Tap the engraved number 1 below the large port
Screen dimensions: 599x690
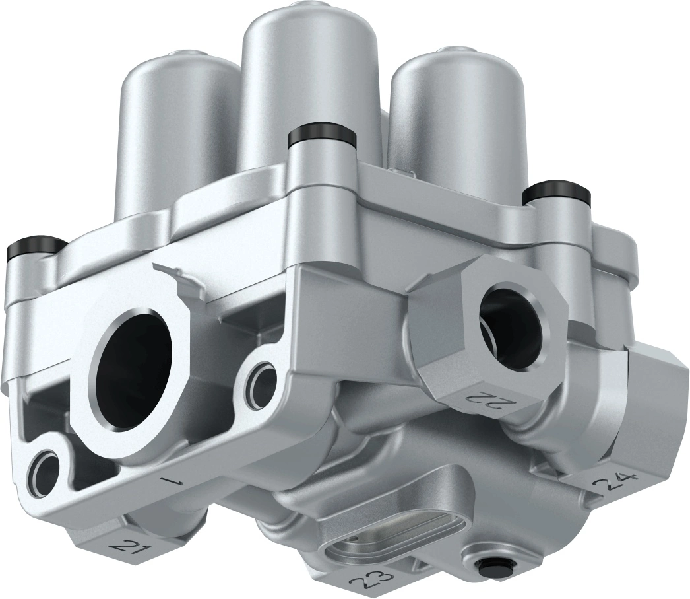175,481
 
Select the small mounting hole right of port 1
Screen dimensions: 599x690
265,378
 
